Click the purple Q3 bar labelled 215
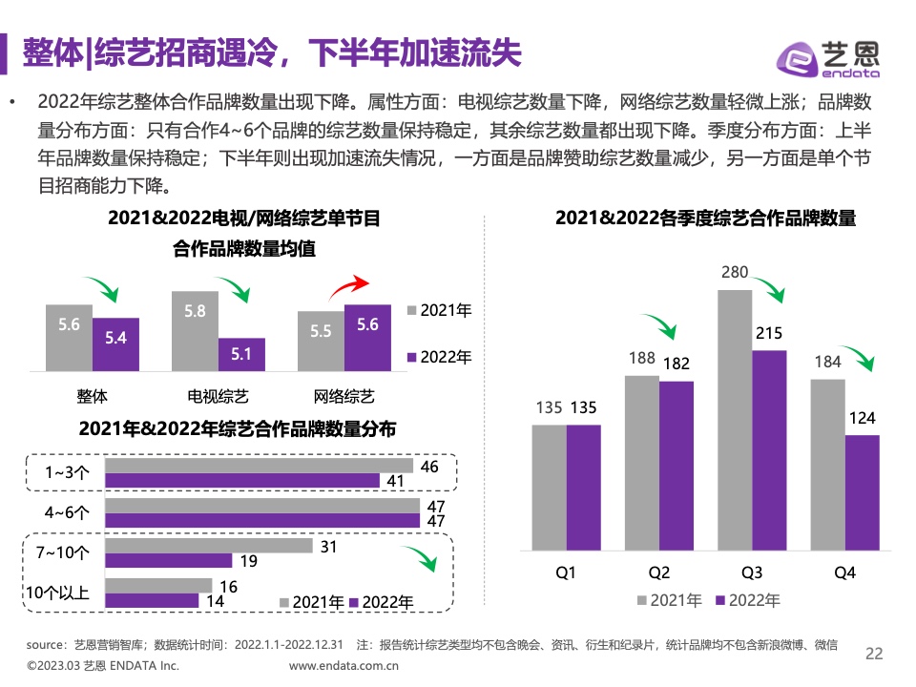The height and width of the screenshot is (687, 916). coord(769,449)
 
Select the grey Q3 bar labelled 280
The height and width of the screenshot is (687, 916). coord(735,420)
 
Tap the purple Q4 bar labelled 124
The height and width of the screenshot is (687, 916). coord(862,492)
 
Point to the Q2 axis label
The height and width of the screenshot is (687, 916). coord(658,572)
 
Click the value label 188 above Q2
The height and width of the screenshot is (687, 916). coord(641,359)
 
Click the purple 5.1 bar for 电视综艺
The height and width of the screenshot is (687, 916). coord(241,354)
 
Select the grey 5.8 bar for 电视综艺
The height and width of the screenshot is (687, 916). coord(195,331)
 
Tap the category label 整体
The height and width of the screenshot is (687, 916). coord(93,395)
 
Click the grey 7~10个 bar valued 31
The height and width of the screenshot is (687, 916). coord(208,545)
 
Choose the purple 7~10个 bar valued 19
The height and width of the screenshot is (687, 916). coord(168,560)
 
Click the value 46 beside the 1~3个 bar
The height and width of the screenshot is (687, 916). coord(429,467)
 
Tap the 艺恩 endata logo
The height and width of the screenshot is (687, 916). coord(827,59)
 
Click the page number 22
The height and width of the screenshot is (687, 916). coord(874,654)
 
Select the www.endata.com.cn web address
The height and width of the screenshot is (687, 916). coord(343,666)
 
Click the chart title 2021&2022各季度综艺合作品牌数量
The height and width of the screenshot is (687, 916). coord(706,219)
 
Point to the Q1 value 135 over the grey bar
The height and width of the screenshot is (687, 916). coord(549,408)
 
